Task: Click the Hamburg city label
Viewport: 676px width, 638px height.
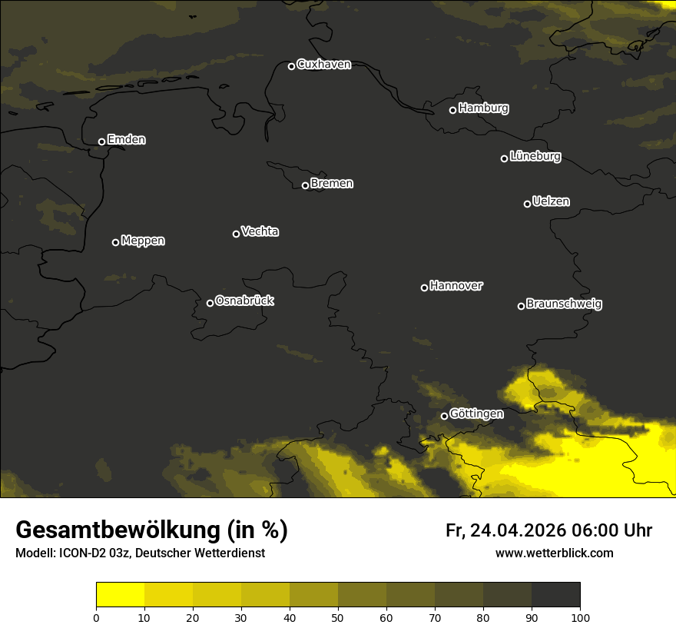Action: (483, 108)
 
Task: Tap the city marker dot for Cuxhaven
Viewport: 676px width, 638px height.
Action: (291, 66)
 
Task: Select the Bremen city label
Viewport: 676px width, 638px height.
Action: (332, 184)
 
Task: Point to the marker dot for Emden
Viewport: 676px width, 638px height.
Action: (101, 141)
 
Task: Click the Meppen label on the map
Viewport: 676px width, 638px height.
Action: (143, 241)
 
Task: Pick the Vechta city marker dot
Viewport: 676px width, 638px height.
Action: (236, 234)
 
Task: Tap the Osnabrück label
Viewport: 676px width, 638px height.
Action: (244, 301)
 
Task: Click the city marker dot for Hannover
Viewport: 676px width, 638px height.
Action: (424, 287)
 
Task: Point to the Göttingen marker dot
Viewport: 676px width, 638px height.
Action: (444, 416)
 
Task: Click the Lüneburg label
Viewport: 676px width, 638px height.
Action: (535, 157)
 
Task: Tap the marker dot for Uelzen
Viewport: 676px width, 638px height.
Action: (527, 204)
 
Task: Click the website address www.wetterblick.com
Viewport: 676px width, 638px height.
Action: (554, 553)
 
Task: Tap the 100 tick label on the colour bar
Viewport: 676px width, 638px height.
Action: (580, 617)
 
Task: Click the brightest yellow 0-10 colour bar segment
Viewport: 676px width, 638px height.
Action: (120, 595)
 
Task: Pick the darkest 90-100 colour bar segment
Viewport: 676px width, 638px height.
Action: (555, 595)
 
